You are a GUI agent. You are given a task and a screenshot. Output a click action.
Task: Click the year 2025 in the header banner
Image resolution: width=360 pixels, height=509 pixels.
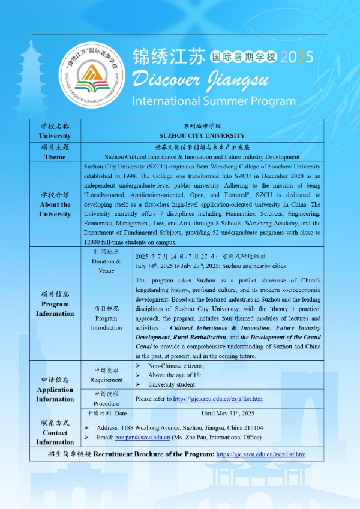296,58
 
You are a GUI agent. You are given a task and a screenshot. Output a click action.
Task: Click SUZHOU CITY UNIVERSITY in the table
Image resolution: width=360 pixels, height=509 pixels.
202,136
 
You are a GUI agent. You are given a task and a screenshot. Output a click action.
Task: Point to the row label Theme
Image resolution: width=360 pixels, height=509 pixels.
55,156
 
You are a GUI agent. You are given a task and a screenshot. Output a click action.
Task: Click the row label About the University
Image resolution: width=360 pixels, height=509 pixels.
55,209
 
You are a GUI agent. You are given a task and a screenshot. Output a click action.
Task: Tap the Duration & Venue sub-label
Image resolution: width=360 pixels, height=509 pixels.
106,266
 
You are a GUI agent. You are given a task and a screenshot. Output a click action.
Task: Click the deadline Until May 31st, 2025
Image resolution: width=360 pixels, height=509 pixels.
228,413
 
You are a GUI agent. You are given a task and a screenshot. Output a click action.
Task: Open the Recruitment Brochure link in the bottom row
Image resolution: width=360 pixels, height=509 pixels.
260,454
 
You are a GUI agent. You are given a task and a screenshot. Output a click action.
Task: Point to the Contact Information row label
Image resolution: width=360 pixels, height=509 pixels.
55,433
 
